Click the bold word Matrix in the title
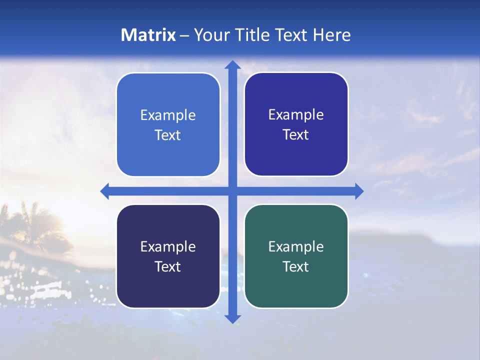[148, 35]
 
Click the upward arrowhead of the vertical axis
[232, 65]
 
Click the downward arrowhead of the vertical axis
[232, 318]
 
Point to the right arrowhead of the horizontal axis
[358, 191]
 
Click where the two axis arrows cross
[232, 191]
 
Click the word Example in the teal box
[296, 246]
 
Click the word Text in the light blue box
[168, 135]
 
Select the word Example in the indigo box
[296, 114]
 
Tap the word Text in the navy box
[168, 266]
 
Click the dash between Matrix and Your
[185, 35]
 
